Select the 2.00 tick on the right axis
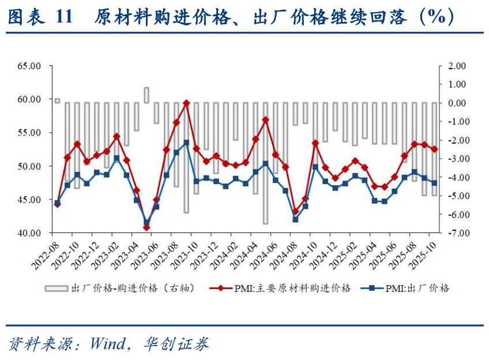453,66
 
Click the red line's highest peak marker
186,103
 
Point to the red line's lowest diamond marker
146,227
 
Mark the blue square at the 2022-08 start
57,202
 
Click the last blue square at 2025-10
434,183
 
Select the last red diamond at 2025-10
434,149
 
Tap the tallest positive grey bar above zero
146,95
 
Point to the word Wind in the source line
107,344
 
